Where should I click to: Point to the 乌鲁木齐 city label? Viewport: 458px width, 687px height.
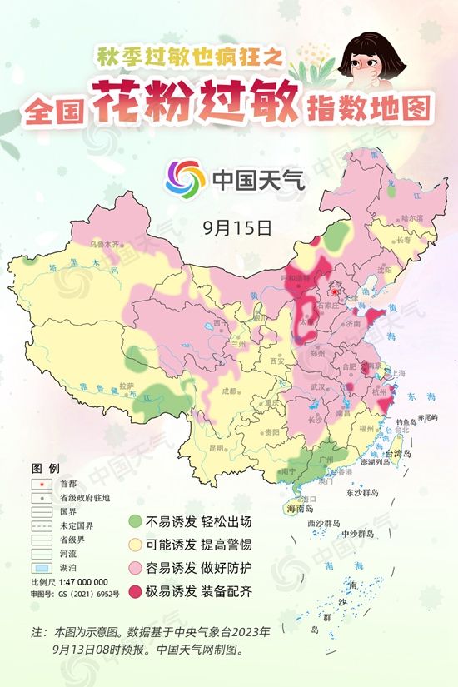click(105, 245)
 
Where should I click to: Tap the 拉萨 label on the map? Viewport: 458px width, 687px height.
click(127, 386)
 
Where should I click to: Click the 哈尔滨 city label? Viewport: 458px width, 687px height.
click(412, 217)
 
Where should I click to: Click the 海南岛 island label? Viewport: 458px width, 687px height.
click(299, 508)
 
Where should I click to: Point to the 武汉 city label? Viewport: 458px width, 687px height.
click(316, 387)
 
